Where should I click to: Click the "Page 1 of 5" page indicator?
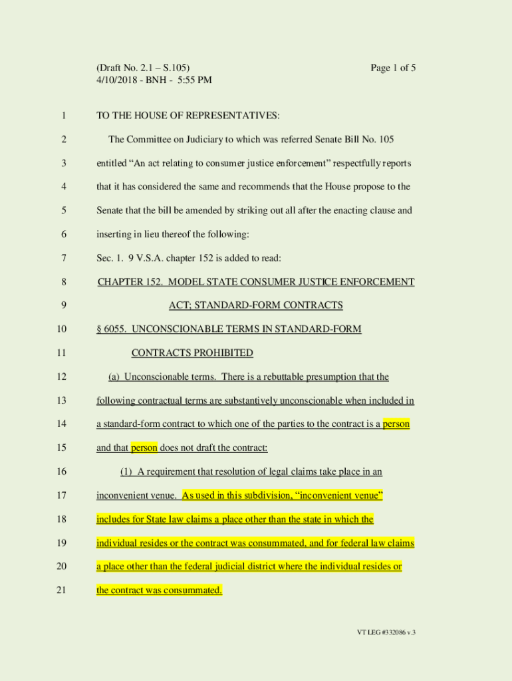tap(393, 68)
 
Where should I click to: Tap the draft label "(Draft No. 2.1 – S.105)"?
tap(143, 68)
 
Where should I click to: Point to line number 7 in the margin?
tap(63, 258)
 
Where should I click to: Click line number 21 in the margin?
tap(63, 590)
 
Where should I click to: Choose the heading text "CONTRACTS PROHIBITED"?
tap(192, 353)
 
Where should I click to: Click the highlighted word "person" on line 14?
tap(396, 424)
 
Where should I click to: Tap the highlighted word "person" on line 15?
tap(144, 448)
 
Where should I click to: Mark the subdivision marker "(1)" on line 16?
tap(126, 472)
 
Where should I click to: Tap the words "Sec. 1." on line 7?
tap(110, 258)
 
